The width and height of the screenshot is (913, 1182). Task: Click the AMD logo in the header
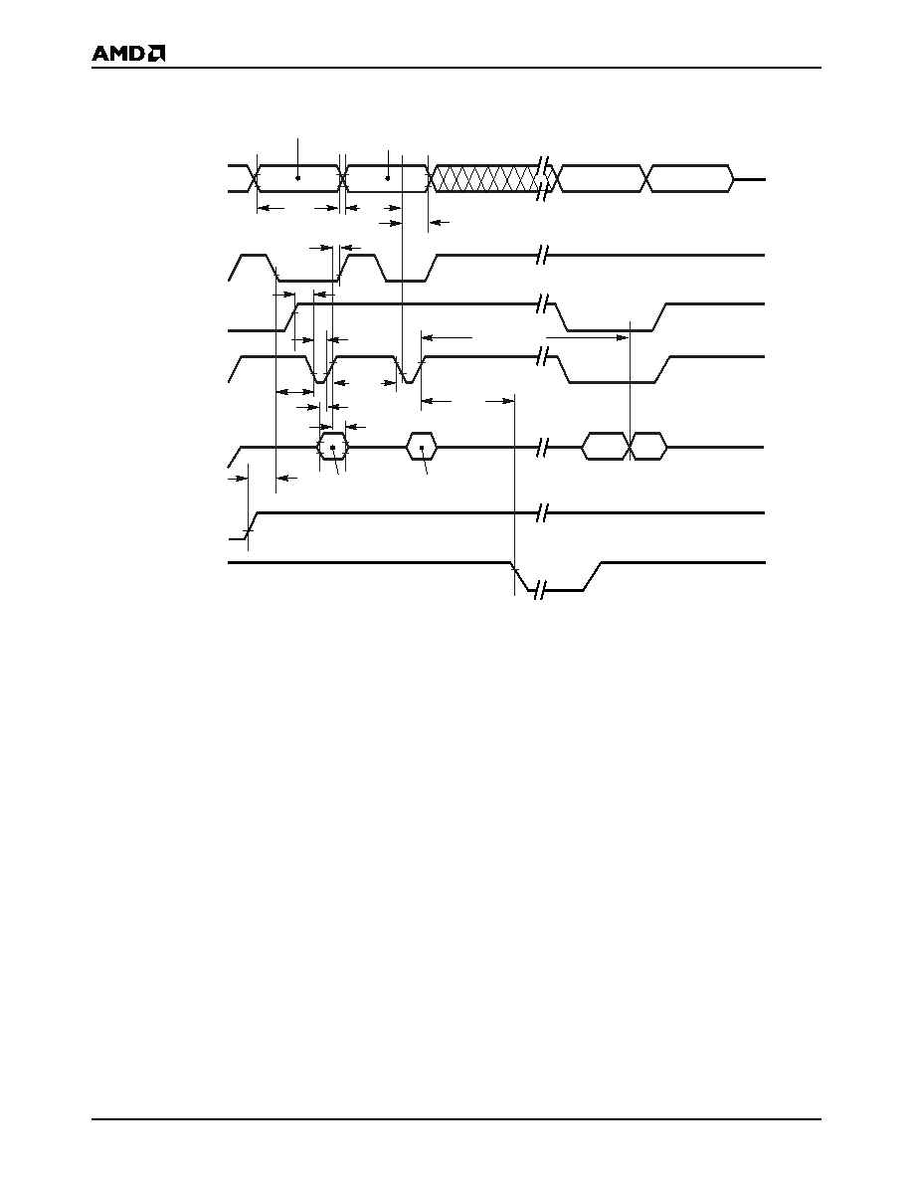[x=128, y=55]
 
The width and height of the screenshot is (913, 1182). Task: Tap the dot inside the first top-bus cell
[x=298, y=178]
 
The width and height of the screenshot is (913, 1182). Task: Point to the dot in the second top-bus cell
[x=388, y=178]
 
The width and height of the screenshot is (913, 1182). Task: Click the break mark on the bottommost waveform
[x=539, y=590]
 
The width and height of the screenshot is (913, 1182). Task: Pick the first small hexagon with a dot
[x=332, y=447]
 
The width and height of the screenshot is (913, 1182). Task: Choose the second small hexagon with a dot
[x=422, y=447]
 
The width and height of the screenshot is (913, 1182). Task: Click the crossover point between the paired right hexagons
[x=629, y=447]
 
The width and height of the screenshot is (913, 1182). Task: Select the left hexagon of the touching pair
[x=605, y=447]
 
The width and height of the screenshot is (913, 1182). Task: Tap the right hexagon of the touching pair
[x=648, y=447]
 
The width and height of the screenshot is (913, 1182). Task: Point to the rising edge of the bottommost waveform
[x=592, y=577]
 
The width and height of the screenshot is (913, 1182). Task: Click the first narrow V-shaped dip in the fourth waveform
[x=321, y=369]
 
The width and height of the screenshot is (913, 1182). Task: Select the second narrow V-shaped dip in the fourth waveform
[x=408, y=369]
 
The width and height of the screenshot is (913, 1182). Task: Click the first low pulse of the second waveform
[x=304, y=268]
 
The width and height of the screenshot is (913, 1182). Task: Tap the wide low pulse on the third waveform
[x=610, y=316]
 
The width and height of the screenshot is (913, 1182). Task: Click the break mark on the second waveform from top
[x=541, y=256]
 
